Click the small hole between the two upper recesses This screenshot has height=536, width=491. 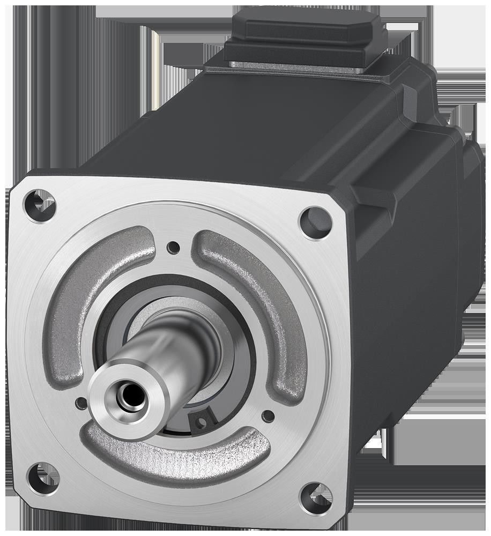tap(173, 247)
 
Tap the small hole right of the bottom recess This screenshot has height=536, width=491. tap(268, 416)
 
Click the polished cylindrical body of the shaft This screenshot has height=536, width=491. tap(172, 348)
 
